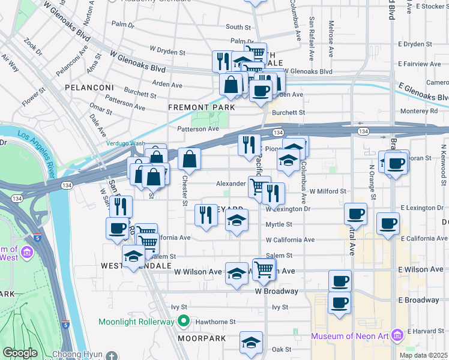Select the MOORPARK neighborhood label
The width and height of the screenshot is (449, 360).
pos(202,338)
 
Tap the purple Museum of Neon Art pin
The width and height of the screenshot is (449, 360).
pos(396,335)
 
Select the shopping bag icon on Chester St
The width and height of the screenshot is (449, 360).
pos(189,160)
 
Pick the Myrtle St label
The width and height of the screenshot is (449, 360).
pos(279,224)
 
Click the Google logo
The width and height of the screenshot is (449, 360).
pos(19,353)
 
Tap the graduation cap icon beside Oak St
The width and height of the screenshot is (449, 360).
pos(251,343)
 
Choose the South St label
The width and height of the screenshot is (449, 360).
pos(238,28)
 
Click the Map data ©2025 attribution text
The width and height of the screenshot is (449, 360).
pos(423,355)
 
